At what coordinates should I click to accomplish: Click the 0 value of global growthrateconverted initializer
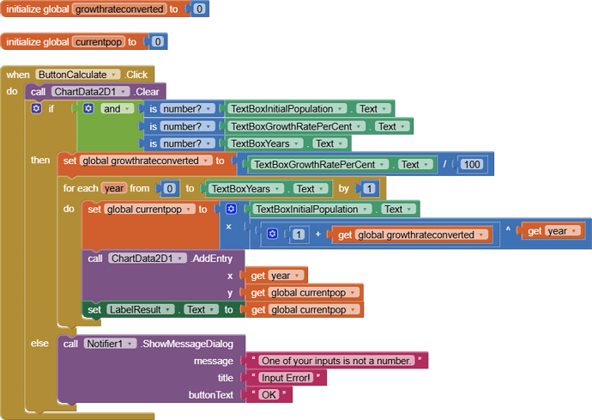point(199,9)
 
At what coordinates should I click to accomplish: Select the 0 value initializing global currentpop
point(158,41)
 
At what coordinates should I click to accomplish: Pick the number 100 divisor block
point(469,164)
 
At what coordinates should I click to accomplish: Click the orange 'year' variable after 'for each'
point(114,188)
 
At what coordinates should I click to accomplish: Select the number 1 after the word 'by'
point(368,188)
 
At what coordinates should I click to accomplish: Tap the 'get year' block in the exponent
point(553,231)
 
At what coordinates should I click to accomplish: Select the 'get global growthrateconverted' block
point(411,234)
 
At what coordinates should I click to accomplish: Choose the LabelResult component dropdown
point(142,309)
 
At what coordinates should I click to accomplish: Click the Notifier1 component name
point(110,344)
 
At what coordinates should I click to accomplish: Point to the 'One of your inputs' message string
point(336,361)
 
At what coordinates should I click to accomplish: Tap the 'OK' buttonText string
point(269,394)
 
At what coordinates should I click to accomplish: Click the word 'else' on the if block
point(39,344)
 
